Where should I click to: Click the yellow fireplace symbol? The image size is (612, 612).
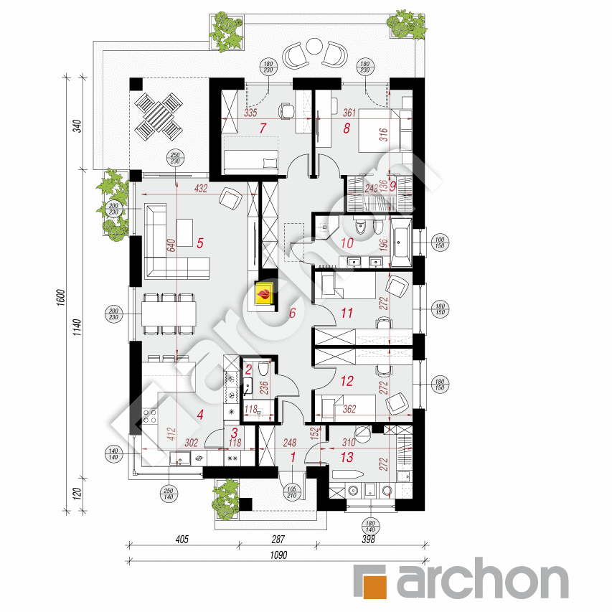tap(264, 295)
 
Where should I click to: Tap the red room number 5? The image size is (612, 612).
tap(200, 243)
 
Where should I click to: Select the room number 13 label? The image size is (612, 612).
tap(348, 456)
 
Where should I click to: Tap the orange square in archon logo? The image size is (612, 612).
tap(372, 582)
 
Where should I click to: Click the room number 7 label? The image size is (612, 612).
tap(263, 128)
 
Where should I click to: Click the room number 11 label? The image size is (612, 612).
tap(347, 312)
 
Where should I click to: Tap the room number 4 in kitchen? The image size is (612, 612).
tap(200, 414)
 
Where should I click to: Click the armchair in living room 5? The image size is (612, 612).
tap(231, 199)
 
